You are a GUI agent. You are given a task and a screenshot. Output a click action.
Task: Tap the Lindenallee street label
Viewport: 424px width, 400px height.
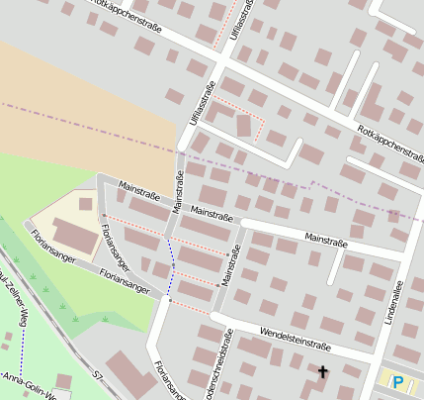[391, 302]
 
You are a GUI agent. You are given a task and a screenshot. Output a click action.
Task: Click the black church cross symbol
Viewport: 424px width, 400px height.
[321, 372]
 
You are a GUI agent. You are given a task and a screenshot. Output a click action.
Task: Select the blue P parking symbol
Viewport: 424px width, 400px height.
[398, 382]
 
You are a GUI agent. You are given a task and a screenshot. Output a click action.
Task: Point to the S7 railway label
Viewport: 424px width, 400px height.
[97, 377]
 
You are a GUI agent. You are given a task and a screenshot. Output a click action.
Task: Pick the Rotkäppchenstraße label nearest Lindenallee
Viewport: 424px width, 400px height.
[390, 143]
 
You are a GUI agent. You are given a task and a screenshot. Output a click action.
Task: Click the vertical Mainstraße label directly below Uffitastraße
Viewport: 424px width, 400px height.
[179, 191]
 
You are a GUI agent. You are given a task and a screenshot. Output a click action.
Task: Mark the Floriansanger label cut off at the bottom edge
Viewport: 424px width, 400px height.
[162, 381]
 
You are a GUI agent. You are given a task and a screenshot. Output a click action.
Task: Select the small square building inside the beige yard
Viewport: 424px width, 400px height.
[86, 204]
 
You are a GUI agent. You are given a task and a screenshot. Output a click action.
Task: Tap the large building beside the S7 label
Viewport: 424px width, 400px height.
[129, 371]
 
